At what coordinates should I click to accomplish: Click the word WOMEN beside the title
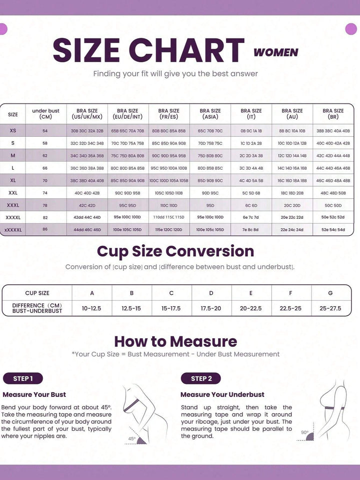[x=276, y=52]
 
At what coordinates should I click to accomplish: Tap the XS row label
[x=13, y=131]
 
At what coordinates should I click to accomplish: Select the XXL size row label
[x=13, y=192]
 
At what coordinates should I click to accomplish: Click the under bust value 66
[x=45, y=168]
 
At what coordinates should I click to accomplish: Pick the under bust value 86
[x=45, y=229]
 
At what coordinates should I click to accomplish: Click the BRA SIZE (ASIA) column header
[x=210, y=114]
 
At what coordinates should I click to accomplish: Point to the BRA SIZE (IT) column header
[x=251, y=114]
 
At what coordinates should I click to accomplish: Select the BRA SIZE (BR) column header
[x=333, y=114]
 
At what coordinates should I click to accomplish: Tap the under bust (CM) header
[x=45, y=114]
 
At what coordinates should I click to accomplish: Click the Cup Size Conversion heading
[x=175, y=251]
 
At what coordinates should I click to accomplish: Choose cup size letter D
[x=211, y=293]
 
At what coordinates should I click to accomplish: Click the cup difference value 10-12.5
[x=91, y=308]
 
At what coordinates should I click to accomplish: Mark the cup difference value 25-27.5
[x=330, y=308]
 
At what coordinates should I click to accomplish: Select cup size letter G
[x=330, y=293]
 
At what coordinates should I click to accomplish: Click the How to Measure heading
[x=175, y=341]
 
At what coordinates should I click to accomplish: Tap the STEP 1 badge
[x=23, y=378]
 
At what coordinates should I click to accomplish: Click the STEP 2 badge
[x=201, y=378]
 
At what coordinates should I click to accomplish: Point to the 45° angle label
[x=131, y=438]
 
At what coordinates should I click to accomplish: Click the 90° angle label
[x=304, y=432]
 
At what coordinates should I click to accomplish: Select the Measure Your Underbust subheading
[x=222, y=394]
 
